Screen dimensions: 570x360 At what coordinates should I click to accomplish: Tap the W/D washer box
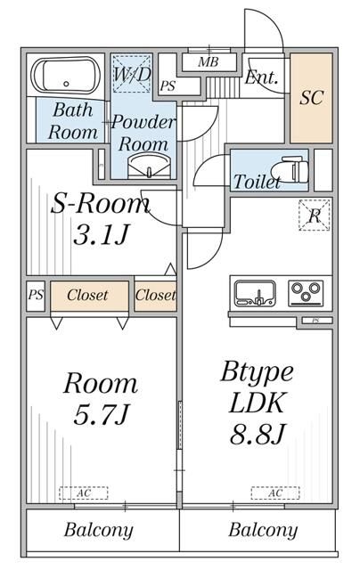click(x=131, y=77)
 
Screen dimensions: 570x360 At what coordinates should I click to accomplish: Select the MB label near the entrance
click(x=209, y=62)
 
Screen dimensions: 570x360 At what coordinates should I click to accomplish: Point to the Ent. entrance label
click(x=261, y=77)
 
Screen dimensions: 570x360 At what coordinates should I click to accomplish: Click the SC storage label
click(x=311, y=98)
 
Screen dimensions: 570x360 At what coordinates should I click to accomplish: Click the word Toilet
click(x=257, y=182)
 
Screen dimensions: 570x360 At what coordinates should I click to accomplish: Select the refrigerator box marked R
click(x=315, y=216)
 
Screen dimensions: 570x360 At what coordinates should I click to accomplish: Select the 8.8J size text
click(x=256, y=436)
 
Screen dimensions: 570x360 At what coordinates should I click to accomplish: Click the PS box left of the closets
click(x=35, y=295)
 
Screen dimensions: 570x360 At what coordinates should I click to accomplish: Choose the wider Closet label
click(x=87, y=295)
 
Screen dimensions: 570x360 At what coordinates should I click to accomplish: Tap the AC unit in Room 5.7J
click(x=84, y=493)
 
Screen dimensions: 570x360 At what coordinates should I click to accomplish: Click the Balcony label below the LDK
click(x=263, y=531)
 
